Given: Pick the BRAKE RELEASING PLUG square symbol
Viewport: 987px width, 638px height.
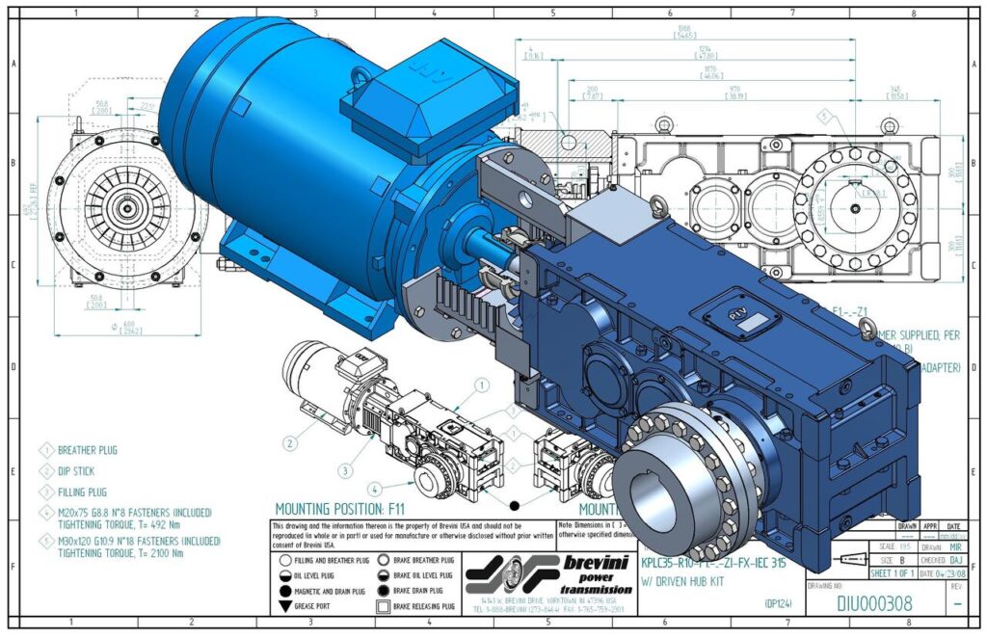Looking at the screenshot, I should click(x=384, y=605).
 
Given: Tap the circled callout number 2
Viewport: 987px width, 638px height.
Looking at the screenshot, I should click(x=289, y=443).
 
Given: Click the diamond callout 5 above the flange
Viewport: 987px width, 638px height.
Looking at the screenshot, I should click(x=823, y=116).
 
